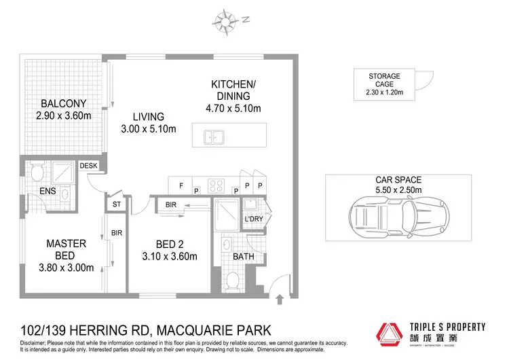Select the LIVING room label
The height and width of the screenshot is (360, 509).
[148, 116]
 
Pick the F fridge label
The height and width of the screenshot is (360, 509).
[181, 185]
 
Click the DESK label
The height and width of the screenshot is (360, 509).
[89, 165]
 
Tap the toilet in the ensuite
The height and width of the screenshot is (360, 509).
[37, 170]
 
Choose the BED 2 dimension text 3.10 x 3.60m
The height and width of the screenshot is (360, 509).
[170, 257]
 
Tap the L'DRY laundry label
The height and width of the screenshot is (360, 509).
[253, 219]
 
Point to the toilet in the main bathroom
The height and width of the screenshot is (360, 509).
[233, 281]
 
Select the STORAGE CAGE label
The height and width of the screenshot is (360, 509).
[385, 80]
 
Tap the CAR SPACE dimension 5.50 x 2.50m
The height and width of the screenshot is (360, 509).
[398, 190]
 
